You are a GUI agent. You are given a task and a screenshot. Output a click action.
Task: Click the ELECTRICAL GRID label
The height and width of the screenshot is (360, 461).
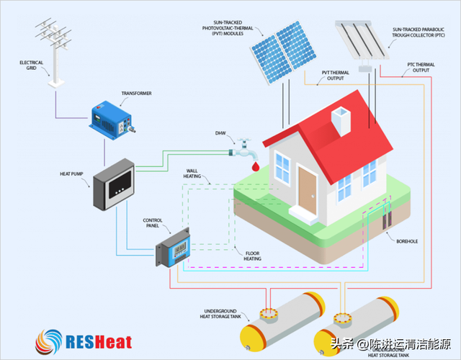31,66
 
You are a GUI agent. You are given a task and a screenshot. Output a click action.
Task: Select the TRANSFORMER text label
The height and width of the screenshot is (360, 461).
136,93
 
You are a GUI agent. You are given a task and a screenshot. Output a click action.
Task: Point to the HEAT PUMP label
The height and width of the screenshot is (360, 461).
73,174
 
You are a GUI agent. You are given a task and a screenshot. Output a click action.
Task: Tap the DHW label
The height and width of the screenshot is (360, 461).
220,133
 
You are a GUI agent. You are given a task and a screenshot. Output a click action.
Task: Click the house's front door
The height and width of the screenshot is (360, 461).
308,190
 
